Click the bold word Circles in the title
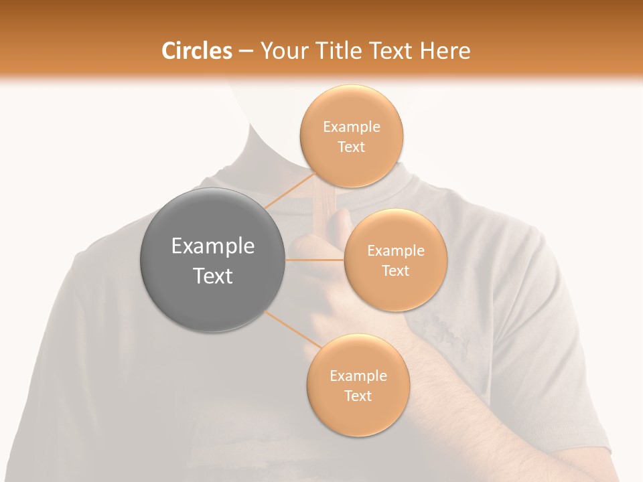[x=196, y=51]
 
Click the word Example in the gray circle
[x=213, y=246]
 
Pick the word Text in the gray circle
[x=213, y=276]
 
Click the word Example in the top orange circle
[x=352, y=127]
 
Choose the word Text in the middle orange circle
[x=395, y=271]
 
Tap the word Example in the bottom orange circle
[x=358, y=376]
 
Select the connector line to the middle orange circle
[x=314, y=259]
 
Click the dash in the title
[x=246, y=51]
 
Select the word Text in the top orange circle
[x=352, y=147]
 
